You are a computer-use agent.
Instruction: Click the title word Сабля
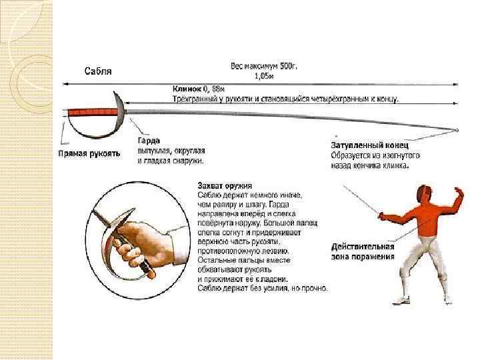coord(98,70)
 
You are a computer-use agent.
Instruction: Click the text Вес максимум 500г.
coord(259,66)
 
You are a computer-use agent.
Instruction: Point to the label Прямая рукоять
coord(88,153)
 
